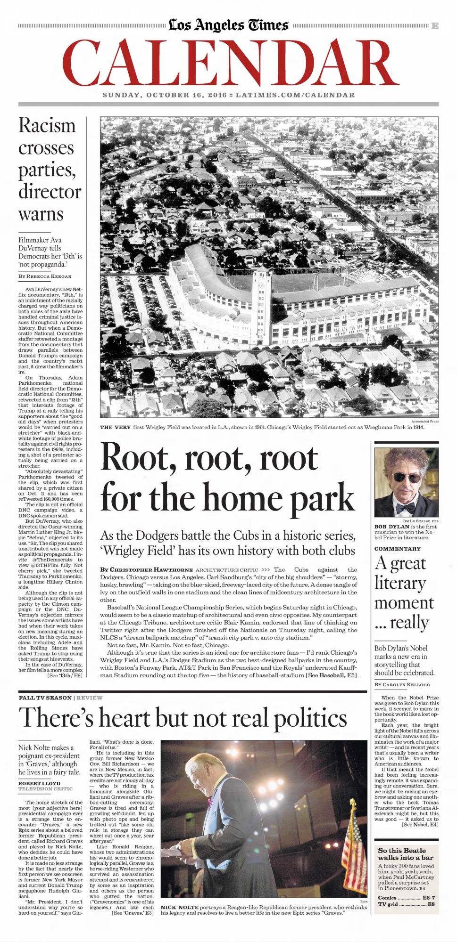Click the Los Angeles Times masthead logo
pos(228,24)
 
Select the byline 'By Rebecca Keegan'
pos(45,276)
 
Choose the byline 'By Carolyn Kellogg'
pos(402,684)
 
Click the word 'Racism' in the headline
pos(47,126)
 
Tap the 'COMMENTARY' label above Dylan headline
pos(397,549)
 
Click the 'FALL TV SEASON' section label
pos(45,698)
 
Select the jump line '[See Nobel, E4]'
pos(420,825)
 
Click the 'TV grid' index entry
pos(406,904)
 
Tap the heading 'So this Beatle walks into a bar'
pos(401,854)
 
